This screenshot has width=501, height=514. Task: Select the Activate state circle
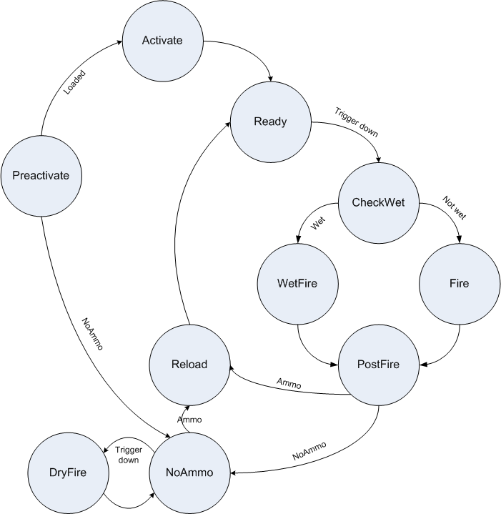pos(162,40)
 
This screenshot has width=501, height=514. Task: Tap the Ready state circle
pos(270,121)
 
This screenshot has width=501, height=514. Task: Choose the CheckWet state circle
pos(378,202)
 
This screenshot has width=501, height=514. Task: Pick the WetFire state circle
pos(297,283)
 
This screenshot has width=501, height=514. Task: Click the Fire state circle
pos(459,283)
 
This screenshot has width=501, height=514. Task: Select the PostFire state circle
pos(378,365)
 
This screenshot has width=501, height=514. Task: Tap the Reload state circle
pos(189,365)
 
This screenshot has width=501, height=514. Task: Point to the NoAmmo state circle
pos(189,473)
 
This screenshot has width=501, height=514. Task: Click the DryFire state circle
pos(67,473)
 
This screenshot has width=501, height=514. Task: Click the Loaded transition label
pos(74,82)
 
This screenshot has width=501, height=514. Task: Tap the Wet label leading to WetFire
pos(319,224)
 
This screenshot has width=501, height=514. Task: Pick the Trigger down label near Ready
pos(355,122)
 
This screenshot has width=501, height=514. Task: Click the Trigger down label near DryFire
pos(129,455)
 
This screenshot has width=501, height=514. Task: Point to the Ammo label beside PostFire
pos(289,384)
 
